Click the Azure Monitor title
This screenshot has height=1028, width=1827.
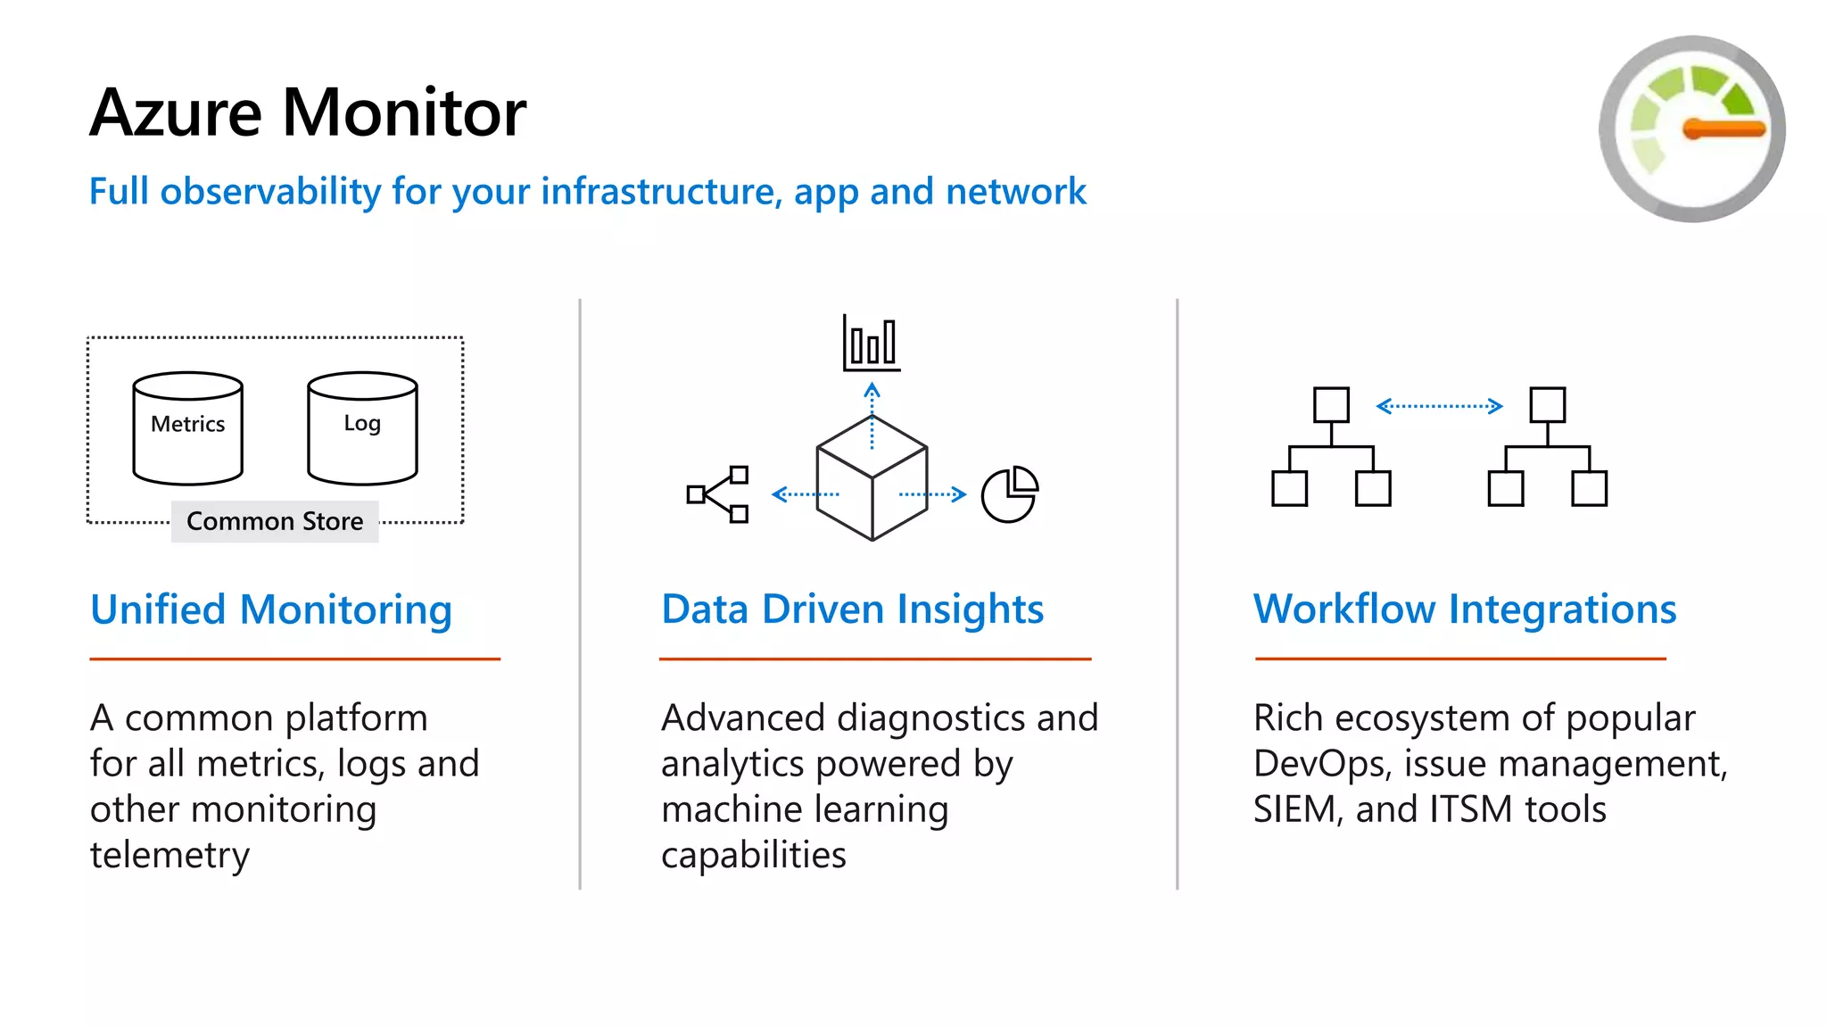308,113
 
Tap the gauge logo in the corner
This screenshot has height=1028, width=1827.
1691,129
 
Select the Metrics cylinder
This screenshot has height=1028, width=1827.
187,428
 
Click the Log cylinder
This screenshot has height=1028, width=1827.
362,428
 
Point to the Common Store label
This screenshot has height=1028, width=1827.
275,521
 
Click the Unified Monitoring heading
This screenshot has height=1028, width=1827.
271,610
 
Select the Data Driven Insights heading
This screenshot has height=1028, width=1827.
852,610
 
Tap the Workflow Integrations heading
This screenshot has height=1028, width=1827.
1465,610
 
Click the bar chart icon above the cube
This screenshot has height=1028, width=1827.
872,344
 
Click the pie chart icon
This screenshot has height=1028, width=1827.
1010,494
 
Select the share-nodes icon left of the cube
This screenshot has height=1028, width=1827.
717,494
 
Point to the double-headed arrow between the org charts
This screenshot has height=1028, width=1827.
1439,407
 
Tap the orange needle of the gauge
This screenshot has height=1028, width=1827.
1724,129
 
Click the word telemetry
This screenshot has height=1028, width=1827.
169,855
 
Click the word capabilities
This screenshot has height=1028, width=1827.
753,855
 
